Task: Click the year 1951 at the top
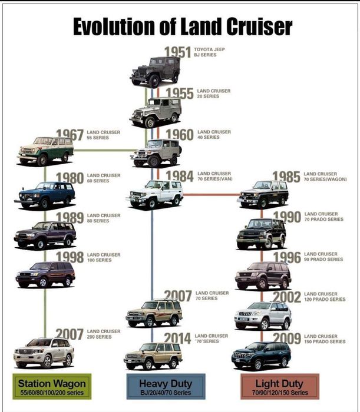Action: pos(177,52)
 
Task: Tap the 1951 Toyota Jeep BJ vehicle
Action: pos(155,72)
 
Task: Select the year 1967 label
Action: pos(70,135)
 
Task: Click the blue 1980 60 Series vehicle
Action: pos(45,195)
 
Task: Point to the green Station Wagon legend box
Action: pos(52,387)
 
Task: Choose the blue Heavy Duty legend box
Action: pos(166,387)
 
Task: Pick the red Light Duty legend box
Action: pos(280,387)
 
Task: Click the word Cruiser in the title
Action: pos(259,26)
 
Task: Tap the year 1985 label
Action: pos(286,177)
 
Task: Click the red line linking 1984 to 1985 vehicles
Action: pos(212,195)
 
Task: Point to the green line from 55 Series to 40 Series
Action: pos(105,151)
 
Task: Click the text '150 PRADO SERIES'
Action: pos(325,341)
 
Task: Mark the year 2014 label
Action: pos(177,338)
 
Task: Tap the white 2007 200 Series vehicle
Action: pos(44,353)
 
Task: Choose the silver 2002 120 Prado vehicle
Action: pos(263,316)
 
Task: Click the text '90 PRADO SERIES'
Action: pos(323,260)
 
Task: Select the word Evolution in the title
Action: pos(114,26)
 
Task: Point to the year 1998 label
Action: pos(70,257)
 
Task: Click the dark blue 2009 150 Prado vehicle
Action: pos(262,355)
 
